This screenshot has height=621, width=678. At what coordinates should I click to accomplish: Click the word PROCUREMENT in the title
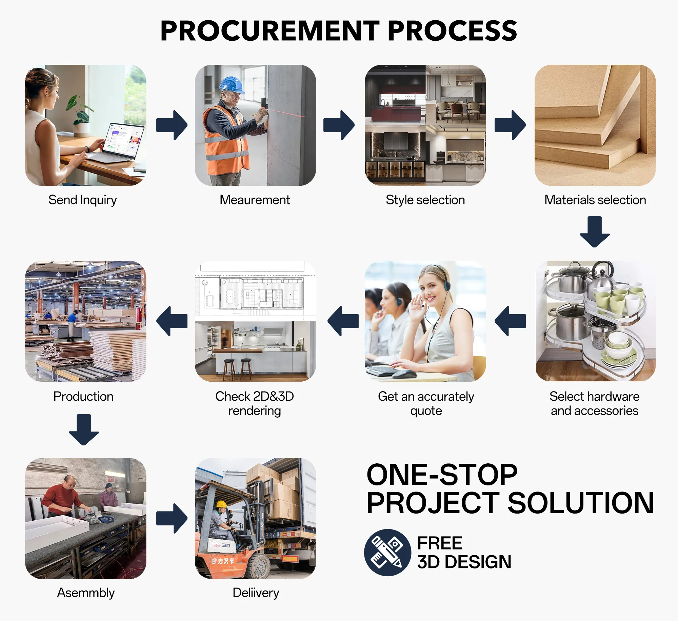(x=270, y=31)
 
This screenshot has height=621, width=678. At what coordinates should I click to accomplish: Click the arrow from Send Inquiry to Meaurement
(x=172, y=125)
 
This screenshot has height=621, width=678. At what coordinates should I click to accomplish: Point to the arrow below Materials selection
(x=595, y=232)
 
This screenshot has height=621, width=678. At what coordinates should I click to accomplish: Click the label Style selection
(x=425, y=200)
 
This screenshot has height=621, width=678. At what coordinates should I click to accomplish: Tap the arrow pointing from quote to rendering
(x=343, y=321)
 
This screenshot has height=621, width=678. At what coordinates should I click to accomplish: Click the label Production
(x=83, y=396)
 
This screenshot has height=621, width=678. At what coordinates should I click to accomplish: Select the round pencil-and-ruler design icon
(x=387, y=553)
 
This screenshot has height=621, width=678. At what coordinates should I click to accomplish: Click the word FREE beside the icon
(x=440, y=543)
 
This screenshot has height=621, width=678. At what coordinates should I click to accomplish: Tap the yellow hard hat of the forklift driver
(x=221, y=504)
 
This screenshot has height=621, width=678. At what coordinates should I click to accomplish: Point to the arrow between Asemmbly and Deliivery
(x=172, y=518)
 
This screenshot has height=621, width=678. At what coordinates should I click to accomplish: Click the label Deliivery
(x=256, y=593)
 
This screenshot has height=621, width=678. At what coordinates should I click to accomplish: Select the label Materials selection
(x=595, y=200)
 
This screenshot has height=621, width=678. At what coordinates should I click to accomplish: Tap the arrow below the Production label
(x=84, y=430)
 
